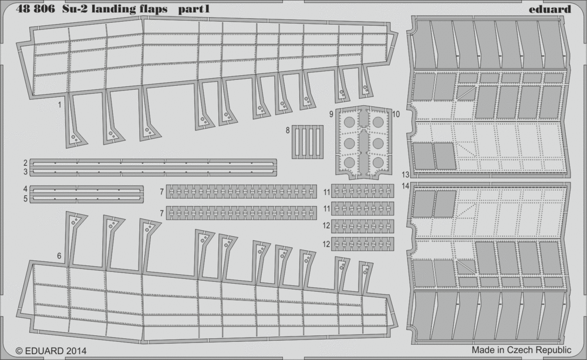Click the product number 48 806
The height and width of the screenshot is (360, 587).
pyautogui.click(x=36, y=9)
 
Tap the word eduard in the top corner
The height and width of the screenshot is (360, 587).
pyautogui.click(x=550, y=9)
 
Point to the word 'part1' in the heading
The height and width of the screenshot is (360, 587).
pyautogui.click(x=194, y=9)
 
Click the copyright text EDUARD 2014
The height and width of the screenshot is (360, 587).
pyautogui.click(x=51, y=351)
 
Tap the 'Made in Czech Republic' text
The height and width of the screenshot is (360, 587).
pyautogui.click(x=521, y=350)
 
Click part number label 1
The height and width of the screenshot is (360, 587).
pyautogui.click(x=59, y=105)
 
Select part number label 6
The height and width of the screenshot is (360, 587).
pyautogui.click(x=59, y=256)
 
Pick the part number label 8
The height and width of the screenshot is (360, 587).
pyautogui.click(x=288, y=130)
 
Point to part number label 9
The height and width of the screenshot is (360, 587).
pyautogui.click(x=331, y=115)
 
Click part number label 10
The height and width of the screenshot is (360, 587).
pyautogui.click(x=396, y=115)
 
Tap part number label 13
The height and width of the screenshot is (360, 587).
pyautogui.click(x=406, y=174)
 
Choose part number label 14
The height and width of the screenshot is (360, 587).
pyautogui.click(x=406, y=186)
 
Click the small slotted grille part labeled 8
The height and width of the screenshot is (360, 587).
pyautogui.click(x=308, y=142)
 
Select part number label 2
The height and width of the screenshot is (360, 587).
pyautogui.click(x=25, y=163)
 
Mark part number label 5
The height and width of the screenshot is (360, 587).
pyautogui.click(x=25, y=198)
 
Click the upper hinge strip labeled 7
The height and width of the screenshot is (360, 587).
pyautogui.click(x=241, y=191)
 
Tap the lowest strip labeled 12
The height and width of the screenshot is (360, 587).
pyautogui.click(x=362, y=244)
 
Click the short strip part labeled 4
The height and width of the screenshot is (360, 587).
pyautogui.click(x=86, y=190)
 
